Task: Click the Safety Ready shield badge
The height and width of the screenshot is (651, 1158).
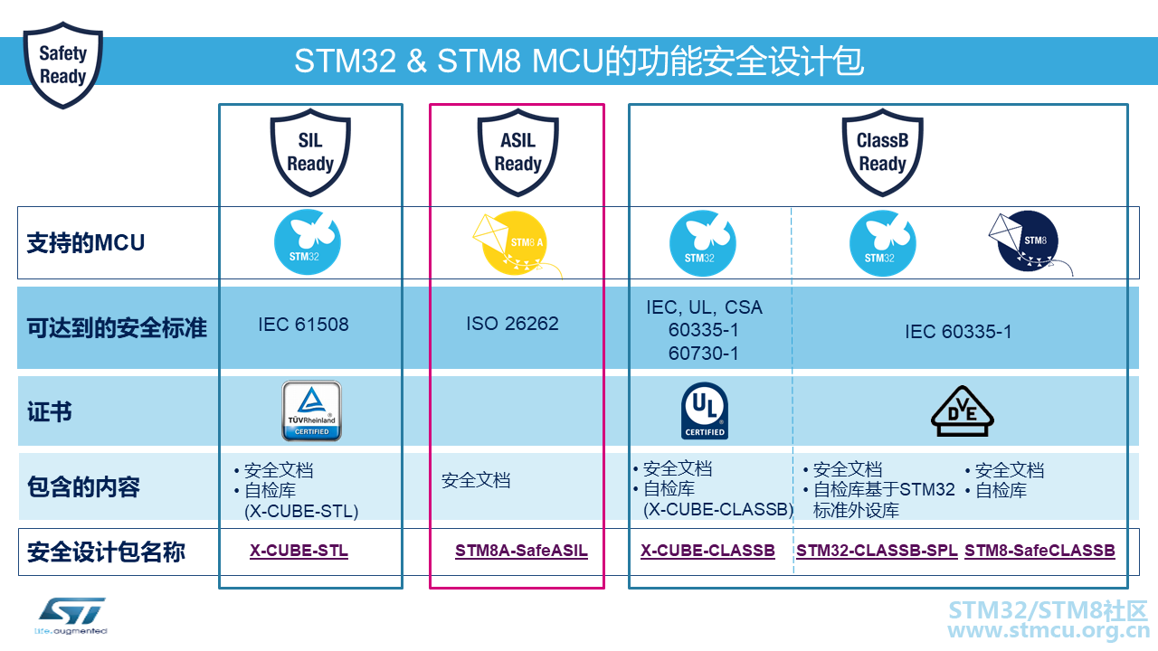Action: click(x=62, y=65)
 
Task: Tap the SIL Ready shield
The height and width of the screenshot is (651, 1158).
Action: click(x=310, y=153)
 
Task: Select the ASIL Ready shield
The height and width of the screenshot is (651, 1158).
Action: click(x=517, y=153)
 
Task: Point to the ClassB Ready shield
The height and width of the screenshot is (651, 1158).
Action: click(x=882, y=153)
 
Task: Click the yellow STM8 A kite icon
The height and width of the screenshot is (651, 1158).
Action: click(x=517, y=243)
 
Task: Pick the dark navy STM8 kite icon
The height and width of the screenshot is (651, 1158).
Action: click(x=1030, y=241)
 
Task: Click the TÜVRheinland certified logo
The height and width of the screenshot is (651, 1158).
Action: click(x=311, y=411)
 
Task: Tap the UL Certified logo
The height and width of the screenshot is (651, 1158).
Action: click(x=705, y=411)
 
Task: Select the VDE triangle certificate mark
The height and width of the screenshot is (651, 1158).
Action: click(x=962, y=411)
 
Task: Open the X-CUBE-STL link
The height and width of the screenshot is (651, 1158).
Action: click(x=299, y=551)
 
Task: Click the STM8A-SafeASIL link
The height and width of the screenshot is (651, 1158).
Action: click(x=521, y=551)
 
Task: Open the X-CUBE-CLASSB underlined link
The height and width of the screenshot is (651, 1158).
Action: click(x=707, y=551)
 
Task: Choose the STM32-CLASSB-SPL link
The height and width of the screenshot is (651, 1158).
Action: click(x=877, y=551)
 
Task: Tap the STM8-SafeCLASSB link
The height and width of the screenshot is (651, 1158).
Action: click(x=1039, y=551)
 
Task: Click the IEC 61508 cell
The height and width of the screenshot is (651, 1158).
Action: click(x=303, y=325)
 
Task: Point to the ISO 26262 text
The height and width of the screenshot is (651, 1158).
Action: click(x=512, y=324)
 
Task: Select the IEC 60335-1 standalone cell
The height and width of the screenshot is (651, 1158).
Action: click(x=958, y=332)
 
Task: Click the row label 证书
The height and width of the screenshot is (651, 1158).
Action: click(x=49, y=412)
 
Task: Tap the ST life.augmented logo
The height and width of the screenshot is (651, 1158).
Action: click(x=71, y=617)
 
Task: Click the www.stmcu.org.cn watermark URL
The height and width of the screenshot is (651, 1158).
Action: click(x=1049, y=631)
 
